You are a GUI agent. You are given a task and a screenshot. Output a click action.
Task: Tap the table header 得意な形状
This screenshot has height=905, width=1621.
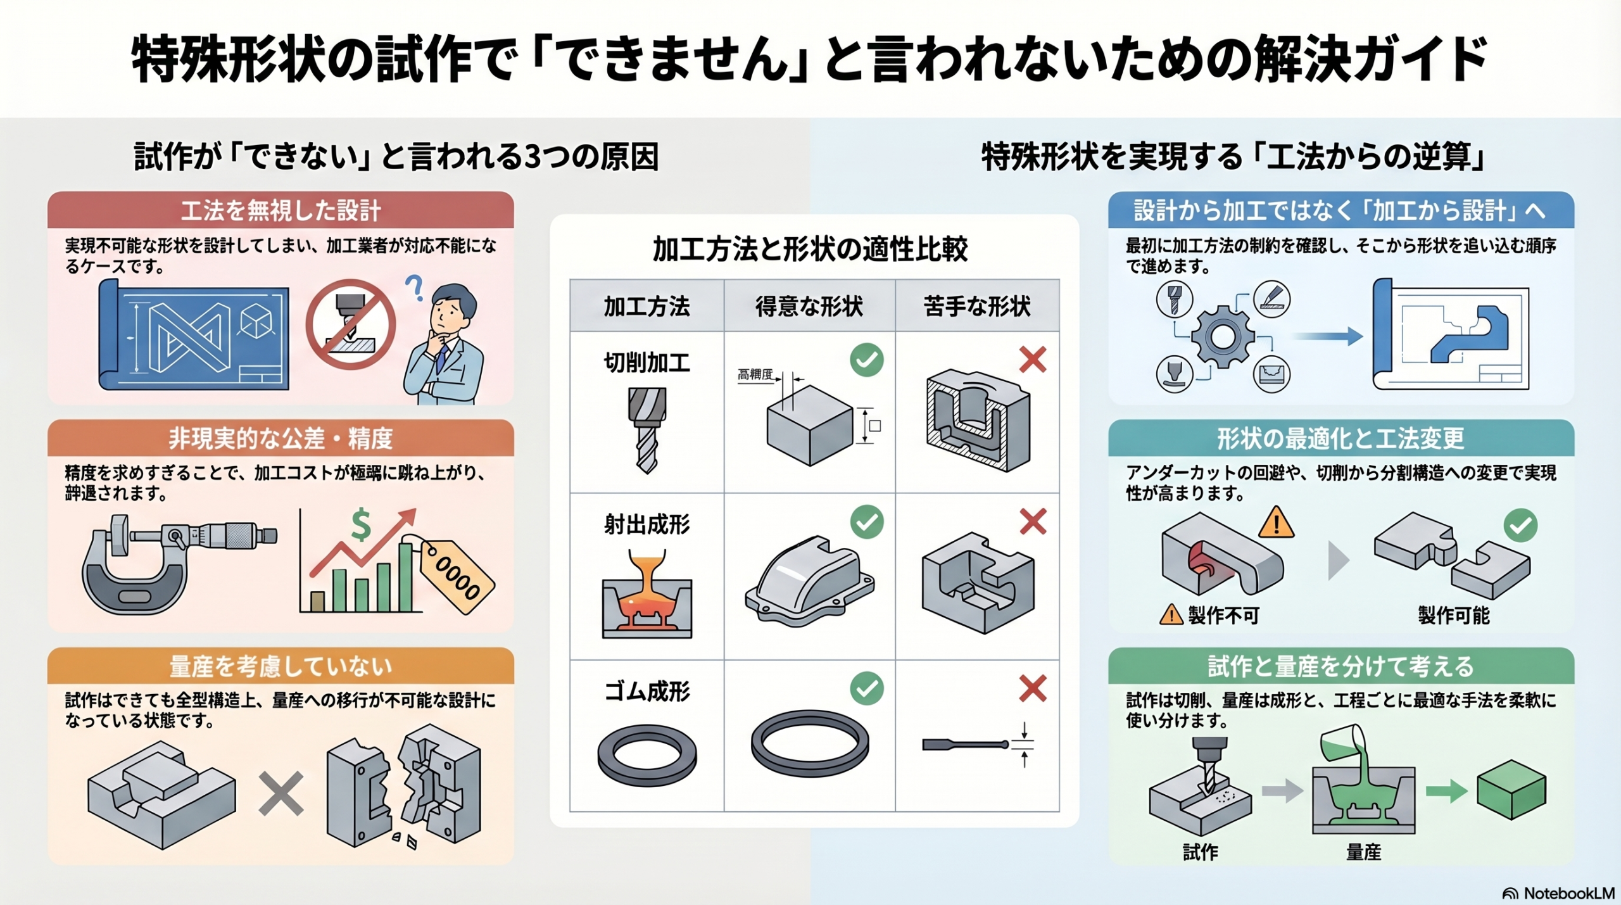(809, 307)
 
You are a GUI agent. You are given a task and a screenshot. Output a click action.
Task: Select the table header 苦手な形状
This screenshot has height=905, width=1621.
(976, 307)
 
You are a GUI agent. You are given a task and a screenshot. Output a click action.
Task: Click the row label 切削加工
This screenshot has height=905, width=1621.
(646, 363)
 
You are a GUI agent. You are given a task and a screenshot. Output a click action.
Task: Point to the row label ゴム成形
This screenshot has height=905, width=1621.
(646, 691)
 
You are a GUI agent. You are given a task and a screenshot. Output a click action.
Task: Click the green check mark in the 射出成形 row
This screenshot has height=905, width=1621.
(866, 522)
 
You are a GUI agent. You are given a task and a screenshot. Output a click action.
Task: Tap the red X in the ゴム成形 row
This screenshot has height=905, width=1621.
(1032, 688)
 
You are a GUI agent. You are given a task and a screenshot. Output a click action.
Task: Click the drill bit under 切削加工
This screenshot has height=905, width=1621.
(647, 431)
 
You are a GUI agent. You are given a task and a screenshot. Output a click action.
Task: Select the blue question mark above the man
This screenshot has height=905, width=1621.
(415, 287)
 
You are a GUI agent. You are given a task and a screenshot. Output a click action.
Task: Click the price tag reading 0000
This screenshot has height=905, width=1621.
(458, 576)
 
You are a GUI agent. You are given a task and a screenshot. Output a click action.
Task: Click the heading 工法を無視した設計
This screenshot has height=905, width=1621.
(281, 210)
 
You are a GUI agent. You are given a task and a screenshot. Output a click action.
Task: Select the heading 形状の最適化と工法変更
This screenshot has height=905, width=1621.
(1340, 438)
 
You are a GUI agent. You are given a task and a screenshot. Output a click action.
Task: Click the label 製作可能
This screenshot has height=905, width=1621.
(1453, 615)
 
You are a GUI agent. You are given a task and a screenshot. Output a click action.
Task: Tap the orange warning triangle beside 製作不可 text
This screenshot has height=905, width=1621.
(1171, 614)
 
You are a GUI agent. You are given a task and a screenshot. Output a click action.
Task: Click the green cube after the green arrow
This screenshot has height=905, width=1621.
(1511, 790)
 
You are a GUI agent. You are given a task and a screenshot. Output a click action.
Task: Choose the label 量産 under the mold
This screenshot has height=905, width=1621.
(1363, 852)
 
